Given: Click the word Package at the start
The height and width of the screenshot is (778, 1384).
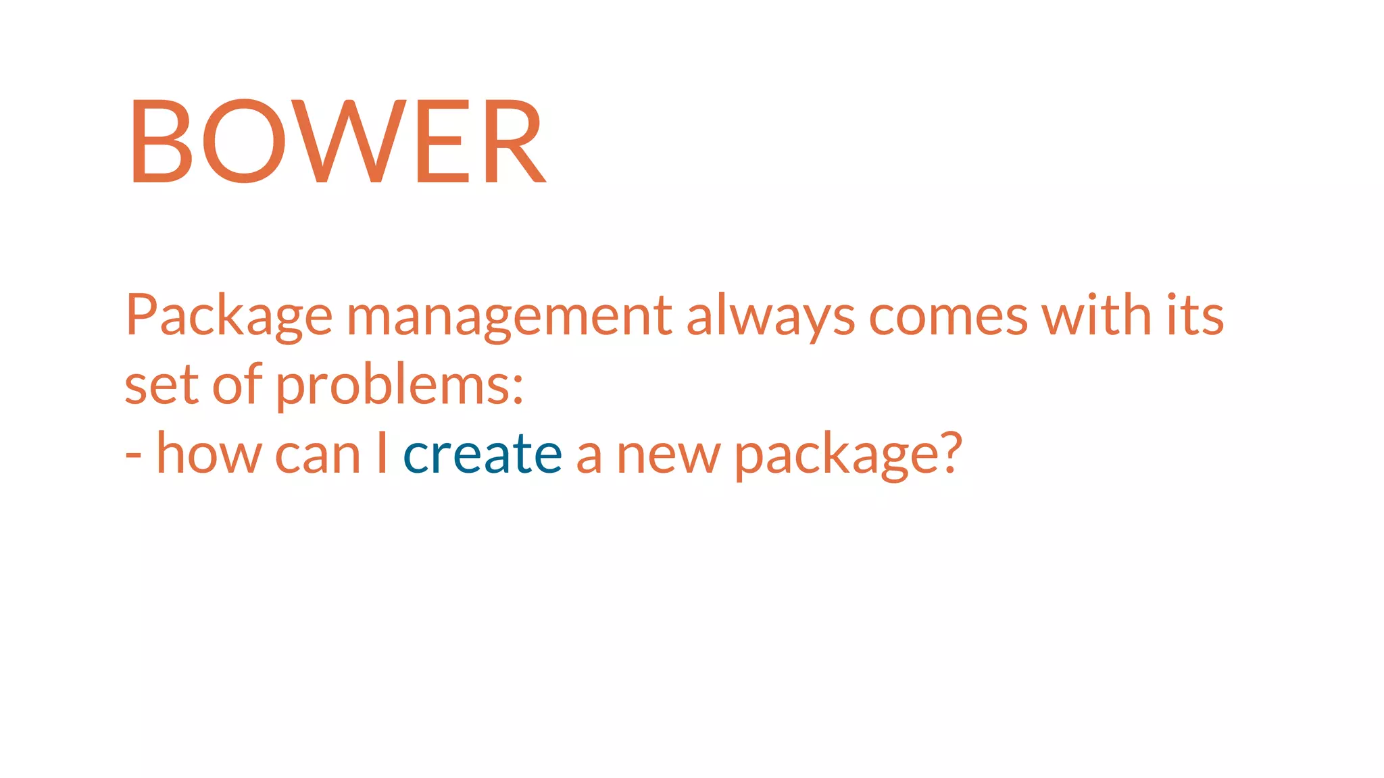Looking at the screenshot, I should tap(228, 315).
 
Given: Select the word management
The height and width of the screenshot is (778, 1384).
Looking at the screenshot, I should tap(510, 315).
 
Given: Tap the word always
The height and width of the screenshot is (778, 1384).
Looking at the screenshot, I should tap(770, 315).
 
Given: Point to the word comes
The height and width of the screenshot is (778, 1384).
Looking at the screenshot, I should tap(947, 317).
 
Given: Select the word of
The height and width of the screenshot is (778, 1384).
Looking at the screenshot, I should tap(237, 384).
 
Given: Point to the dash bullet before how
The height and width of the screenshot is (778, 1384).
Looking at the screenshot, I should tap(133, 457).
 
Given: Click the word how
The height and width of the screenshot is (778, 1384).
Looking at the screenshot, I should tap(209, 454).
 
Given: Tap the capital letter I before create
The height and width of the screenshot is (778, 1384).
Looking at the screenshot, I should tap(382, 453).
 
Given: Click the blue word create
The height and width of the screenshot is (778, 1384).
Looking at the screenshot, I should tap(483, 455).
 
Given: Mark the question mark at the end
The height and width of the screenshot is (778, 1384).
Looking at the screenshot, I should tap(949, 453).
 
